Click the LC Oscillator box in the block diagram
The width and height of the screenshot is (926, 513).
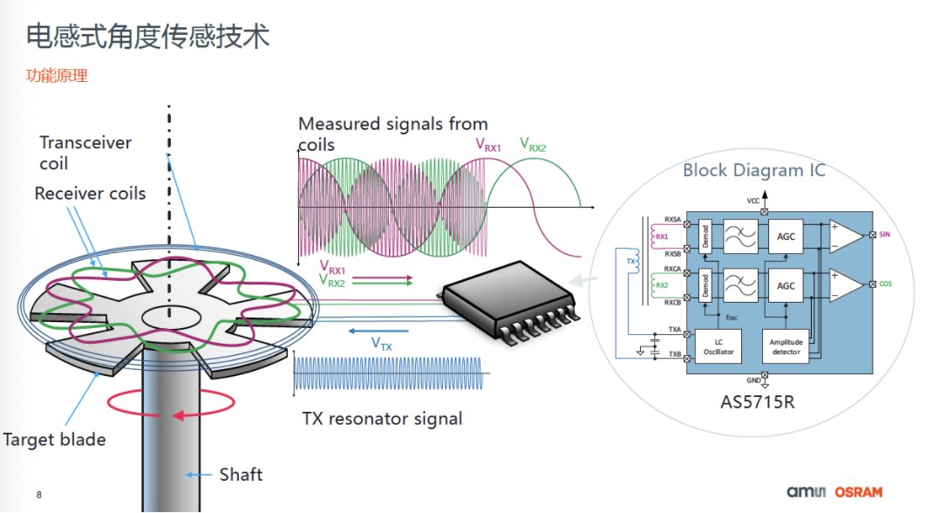tap(718, 345)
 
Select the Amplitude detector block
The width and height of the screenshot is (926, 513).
tap(786, 345)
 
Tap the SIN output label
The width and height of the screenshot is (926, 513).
tap(885, 236)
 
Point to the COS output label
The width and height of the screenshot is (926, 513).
tap(885, 284)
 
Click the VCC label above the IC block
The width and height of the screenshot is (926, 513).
tap(752, 201)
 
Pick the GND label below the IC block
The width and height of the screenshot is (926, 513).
tap(752, 381)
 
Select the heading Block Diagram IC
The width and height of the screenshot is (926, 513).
tap(753, 170)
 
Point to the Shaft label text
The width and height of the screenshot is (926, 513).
tap(241, 475)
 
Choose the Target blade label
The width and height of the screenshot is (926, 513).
tap(54, 439)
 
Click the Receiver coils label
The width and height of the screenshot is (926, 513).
tap(90, 193)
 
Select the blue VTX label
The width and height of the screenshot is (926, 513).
tap(382, 345)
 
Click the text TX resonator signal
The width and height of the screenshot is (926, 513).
tap(382, 419)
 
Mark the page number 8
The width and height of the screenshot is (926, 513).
tap(39, 495)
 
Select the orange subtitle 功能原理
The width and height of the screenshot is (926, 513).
tap(57, 76)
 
